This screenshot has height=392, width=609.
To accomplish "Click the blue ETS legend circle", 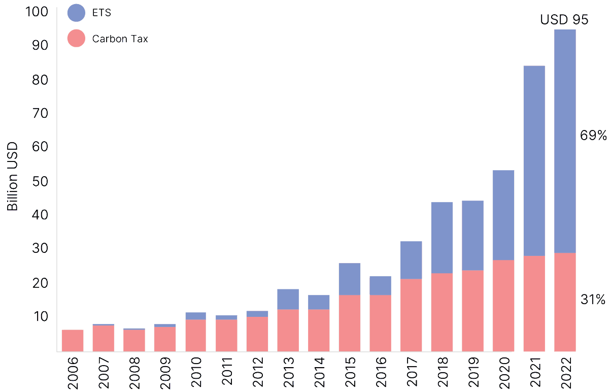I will (x=76, y=13).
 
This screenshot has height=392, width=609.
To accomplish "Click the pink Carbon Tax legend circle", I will (x=76, y=39).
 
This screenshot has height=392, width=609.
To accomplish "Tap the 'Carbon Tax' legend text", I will (x=120, y=39).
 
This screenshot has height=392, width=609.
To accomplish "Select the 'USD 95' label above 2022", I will (x=564, y=20).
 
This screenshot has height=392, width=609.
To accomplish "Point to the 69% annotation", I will (x=593, y=136).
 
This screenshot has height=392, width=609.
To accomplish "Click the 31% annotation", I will (x=593, y=300).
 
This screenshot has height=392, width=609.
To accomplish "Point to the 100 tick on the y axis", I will (x=36, y=12).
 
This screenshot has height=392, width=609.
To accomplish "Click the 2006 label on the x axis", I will (x=73, y=373).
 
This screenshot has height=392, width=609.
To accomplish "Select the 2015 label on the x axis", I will (x=350, y=373).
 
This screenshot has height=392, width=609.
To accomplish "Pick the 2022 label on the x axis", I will (x=565, y=373).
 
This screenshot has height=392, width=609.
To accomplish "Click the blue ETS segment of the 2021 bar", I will (x=534, y=160).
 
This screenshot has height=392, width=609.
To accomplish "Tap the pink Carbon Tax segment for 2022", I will (x=565, y=302).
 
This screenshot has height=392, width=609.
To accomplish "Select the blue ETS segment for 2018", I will (x=442, y=238).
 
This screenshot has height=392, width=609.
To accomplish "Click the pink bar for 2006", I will (x=73, y=340).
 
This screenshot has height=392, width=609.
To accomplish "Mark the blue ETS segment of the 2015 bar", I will (x=350, y=279).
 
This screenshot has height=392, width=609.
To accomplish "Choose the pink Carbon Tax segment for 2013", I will (x=288, y=330).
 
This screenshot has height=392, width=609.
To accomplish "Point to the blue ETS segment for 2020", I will (x=503, y=215).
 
